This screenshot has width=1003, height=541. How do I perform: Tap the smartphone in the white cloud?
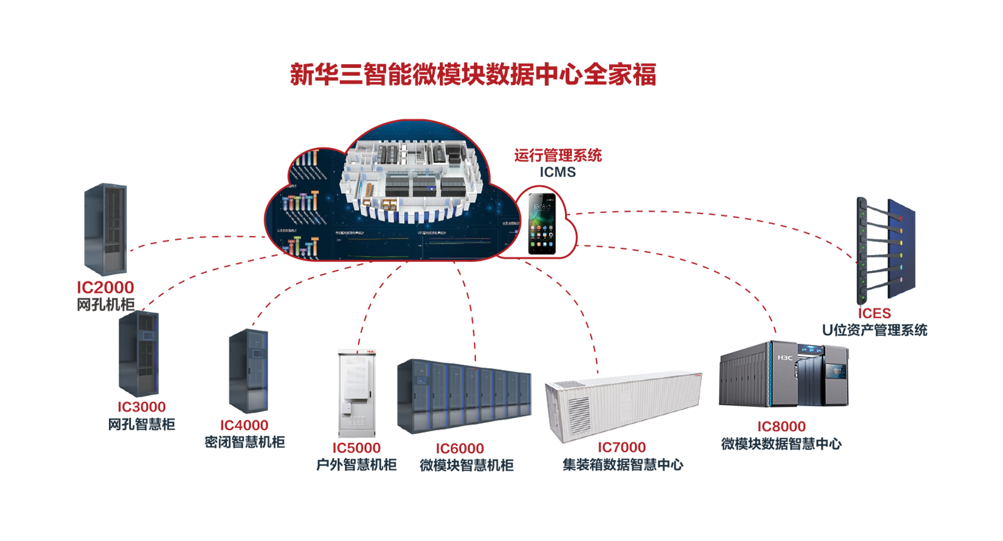(542, 224)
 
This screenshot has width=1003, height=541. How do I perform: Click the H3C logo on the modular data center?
(784, 358)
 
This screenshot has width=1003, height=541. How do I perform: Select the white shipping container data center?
(623, 407)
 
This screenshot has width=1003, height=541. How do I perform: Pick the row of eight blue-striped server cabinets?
(460, 397)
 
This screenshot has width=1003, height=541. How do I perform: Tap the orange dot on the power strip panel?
(901, 231)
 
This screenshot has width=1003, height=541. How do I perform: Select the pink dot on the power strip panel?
(900, 279)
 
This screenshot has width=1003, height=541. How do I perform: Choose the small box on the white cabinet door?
(347, 407)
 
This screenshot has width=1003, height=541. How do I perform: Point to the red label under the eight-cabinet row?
(459, 446)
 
